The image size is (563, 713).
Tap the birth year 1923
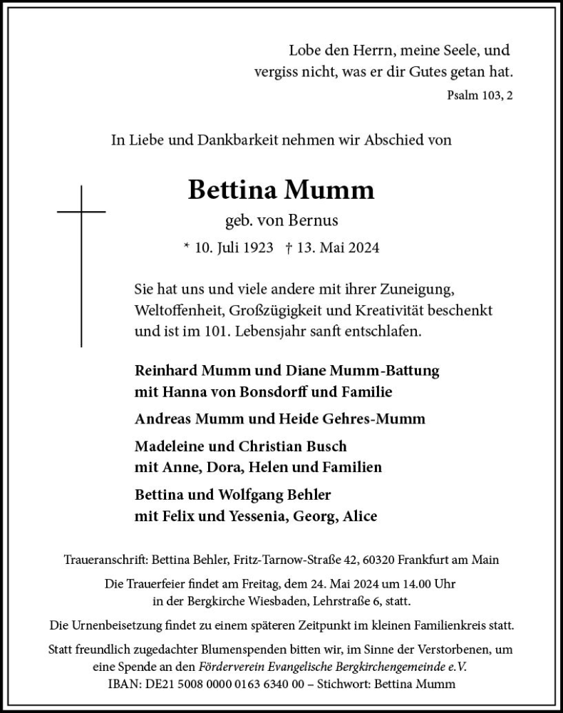pyautogui.click(x=256, y=247)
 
